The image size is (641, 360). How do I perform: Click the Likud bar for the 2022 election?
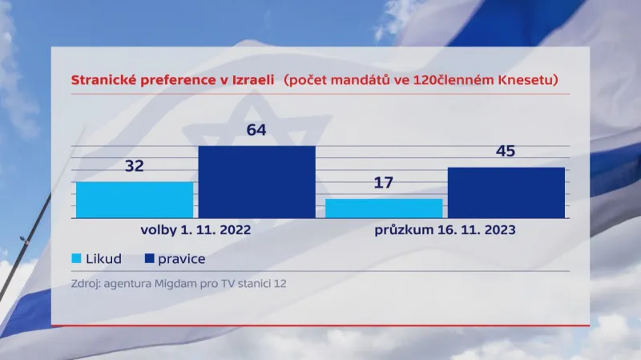point(135,200)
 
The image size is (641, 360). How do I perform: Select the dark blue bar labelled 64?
point(256,182)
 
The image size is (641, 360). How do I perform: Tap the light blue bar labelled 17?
point(384,208)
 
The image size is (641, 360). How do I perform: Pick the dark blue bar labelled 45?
point(506,192)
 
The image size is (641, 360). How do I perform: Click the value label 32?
point(135,166)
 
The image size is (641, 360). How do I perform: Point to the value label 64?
point(256,130)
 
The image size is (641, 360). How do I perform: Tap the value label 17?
point(384,183)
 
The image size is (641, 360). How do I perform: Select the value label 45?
point(506,152)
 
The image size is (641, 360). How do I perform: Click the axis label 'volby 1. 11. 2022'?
point(196,230)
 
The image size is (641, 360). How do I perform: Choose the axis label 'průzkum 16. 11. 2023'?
point(445,230)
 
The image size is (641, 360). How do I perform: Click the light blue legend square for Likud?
point(77,259)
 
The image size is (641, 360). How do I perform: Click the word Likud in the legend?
point(103,259)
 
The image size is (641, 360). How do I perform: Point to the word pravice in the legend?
point(181,259)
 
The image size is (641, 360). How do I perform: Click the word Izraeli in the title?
point(251,80)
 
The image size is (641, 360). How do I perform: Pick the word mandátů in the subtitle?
point(358,80)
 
